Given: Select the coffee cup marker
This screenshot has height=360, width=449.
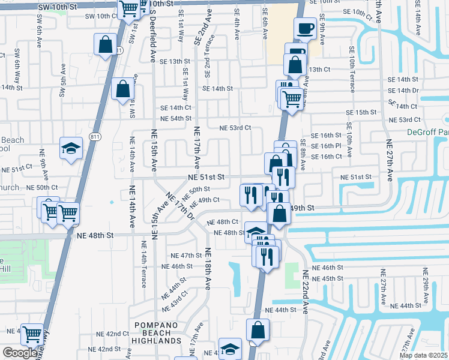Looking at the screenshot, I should click(306, 28).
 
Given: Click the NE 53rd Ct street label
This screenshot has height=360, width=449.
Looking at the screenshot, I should click(235, 128).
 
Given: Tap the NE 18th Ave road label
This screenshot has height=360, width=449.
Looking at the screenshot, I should click(208, 269).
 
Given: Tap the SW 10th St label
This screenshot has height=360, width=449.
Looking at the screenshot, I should click(57, 5).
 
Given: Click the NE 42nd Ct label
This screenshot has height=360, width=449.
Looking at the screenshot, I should click(113, 334).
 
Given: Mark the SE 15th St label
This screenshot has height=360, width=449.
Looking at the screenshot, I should click(366, 112).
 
